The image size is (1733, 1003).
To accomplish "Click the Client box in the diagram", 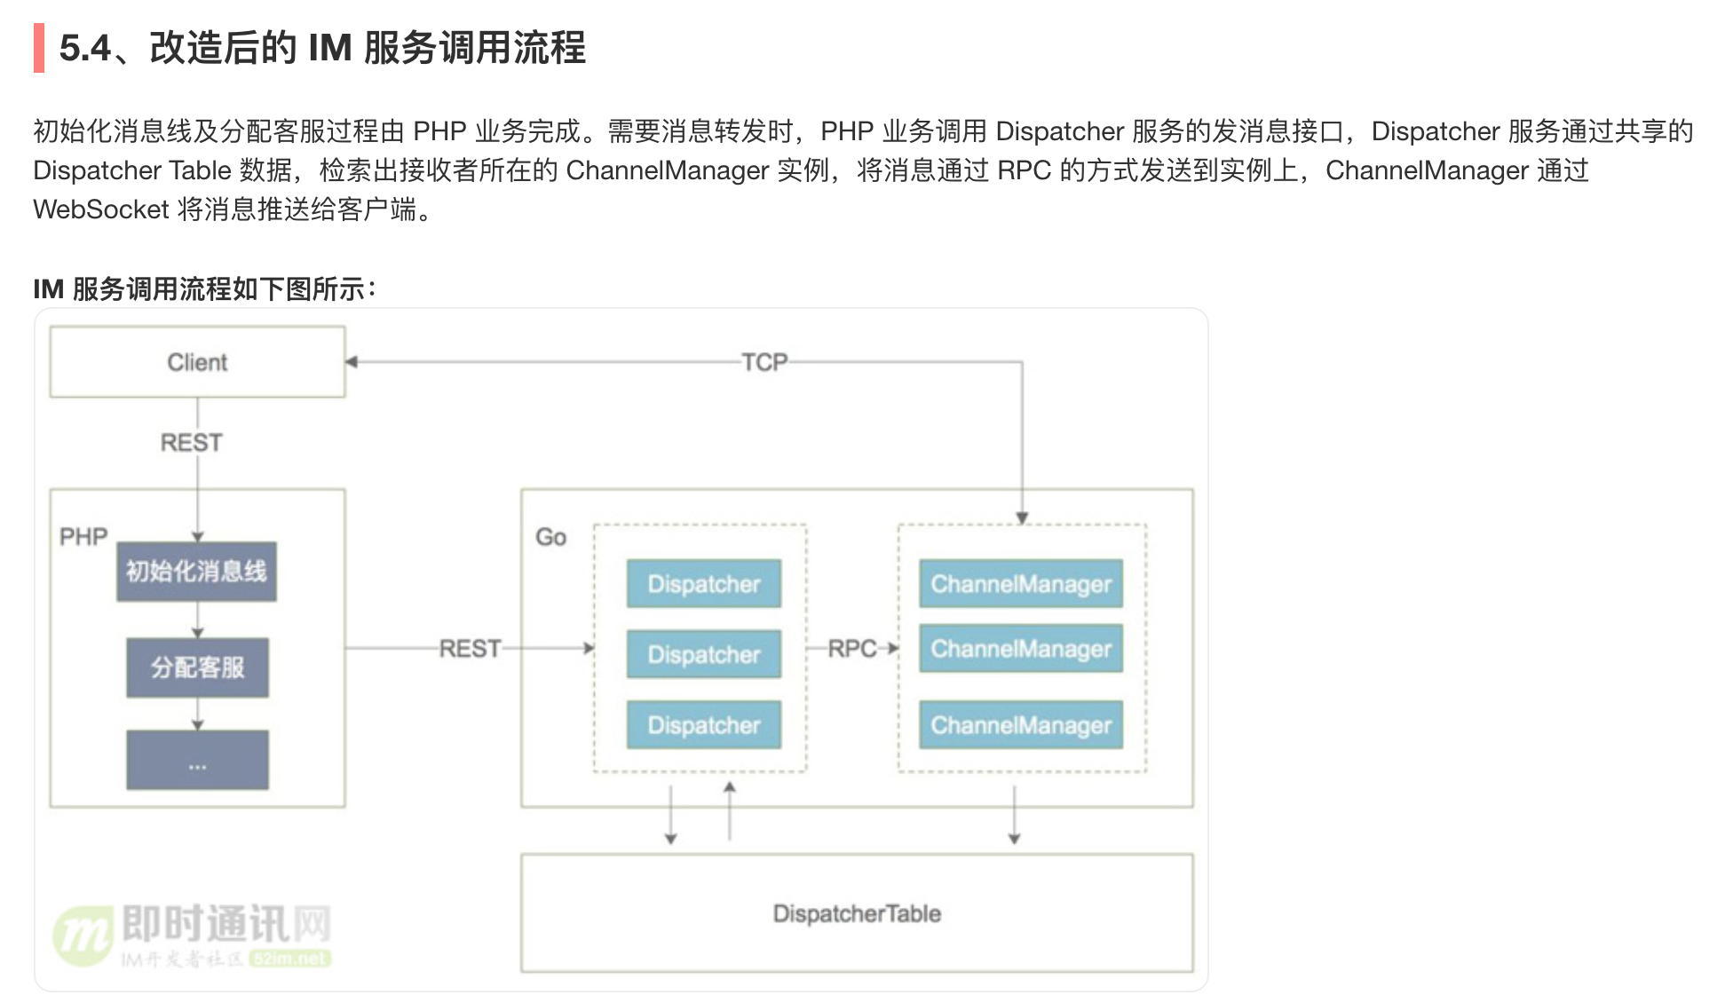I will [x=197, y=362].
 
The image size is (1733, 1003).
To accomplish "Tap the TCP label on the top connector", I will [x=764, y=362].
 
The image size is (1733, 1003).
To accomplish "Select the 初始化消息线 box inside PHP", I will [x=196, y=572].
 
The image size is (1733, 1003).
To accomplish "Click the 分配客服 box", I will [x=197, y=667].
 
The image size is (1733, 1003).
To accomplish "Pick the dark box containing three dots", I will [x=197, y=761].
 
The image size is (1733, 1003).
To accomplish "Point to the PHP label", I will [x=83, y=537].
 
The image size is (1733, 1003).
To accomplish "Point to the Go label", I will [x=550, y=537].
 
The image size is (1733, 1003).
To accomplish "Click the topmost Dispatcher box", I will [x=704, y=584].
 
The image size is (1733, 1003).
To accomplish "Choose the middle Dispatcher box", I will [x=704, y=655].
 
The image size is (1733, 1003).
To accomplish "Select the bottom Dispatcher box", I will [x=704, y=725].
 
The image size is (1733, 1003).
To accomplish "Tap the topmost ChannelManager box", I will [x=1021, y=584].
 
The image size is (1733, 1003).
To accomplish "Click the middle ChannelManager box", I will [x=1021, y=649].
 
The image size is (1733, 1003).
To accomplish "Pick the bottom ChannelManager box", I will [x=1021, y=725].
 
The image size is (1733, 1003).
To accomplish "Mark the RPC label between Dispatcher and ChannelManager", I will [x=852, y=649].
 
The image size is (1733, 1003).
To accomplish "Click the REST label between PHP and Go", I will [x=471, y=649].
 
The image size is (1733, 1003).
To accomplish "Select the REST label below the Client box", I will [x=191, y=442].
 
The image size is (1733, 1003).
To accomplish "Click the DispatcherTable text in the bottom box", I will [x=857, y=913].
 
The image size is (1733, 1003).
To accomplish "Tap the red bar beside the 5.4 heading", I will [x=39, y=48].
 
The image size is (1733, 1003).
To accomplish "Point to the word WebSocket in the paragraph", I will [x=101, y=209].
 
